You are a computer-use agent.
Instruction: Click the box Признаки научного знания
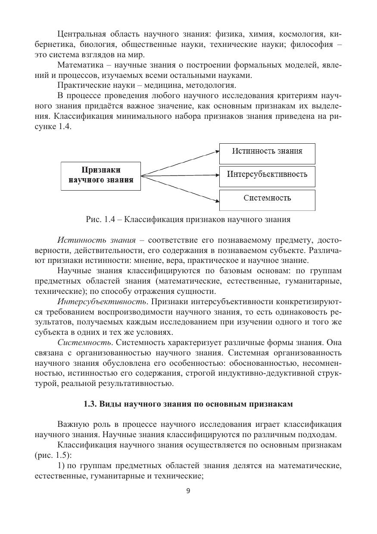coord(101,176)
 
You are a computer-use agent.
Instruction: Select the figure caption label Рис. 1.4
coord(99,219)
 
